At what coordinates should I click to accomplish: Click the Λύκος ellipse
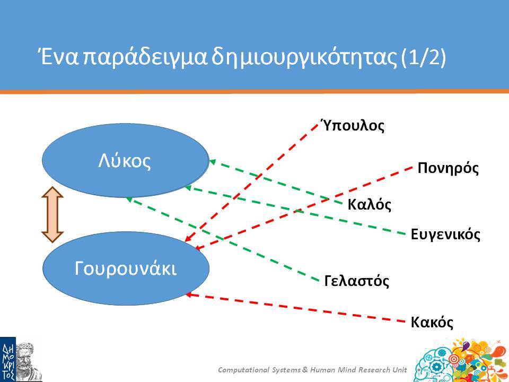pos(126,160)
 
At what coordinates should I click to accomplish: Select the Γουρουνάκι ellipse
pos(126,268)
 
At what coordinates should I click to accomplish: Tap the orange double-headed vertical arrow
pos(52,215)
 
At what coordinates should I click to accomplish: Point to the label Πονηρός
pos(448,168)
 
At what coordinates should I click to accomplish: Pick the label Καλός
pos(370,204)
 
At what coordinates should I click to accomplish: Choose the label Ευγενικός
pos(445,234)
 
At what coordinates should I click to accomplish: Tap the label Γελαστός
pos(357,280)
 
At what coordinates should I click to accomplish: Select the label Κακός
pos(432,322)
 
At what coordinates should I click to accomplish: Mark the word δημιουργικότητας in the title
pos(304,57)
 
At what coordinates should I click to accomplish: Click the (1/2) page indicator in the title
pos(424,57)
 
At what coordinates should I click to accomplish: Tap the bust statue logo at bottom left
pos(29,361)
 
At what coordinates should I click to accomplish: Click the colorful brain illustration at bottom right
pos(461,361)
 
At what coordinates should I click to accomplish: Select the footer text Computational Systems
pos(259,370)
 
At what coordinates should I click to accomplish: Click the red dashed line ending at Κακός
pos(295,308)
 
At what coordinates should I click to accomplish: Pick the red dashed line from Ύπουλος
pos(251,183)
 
